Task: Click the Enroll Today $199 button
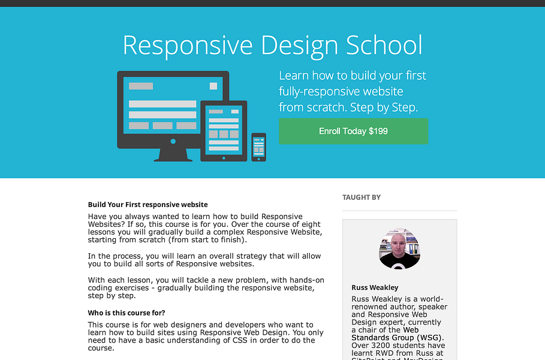(x=353, y=131)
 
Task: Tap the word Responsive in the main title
(x=174, y=46)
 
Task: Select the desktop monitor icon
(x=173, y=108)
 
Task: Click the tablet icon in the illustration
(x=223, y=130)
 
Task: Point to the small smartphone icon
(x=258, y=146)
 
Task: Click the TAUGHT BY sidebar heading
(x=362, y=197)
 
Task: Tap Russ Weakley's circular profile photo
(x=399, y=248)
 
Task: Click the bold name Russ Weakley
(x=375, y=287)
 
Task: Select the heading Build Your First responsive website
(x=147, y=205)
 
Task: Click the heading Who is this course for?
(x=127, y=313)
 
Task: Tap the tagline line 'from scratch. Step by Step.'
(x=348, y=107)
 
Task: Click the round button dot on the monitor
(x=173, y=141)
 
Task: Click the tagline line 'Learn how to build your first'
(x=353, y=76)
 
